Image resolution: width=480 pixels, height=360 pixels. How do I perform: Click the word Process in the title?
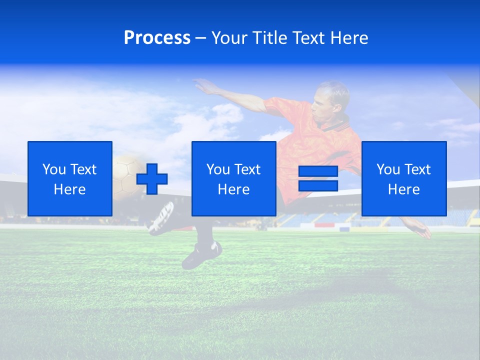157,38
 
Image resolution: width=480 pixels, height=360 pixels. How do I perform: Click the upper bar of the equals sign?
318,171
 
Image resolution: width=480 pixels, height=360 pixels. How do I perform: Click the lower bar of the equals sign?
318,186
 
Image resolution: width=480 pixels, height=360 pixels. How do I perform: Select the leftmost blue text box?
70,178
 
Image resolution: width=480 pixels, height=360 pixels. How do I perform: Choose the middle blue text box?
233,178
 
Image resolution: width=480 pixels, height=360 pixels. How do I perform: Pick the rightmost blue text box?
404,178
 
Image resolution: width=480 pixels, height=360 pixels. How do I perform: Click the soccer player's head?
330,99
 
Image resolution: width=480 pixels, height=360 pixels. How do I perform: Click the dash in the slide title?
201,38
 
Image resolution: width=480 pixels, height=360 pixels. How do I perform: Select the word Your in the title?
229,38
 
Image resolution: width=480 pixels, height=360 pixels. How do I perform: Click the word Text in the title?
309,38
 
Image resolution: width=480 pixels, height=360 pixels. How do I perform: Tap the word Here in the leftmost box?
70,189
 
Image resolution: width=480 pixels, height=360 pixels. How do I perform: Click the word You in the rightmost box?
388,169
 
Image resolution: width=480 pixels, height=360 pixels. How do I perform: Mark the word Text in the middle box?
246,169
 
